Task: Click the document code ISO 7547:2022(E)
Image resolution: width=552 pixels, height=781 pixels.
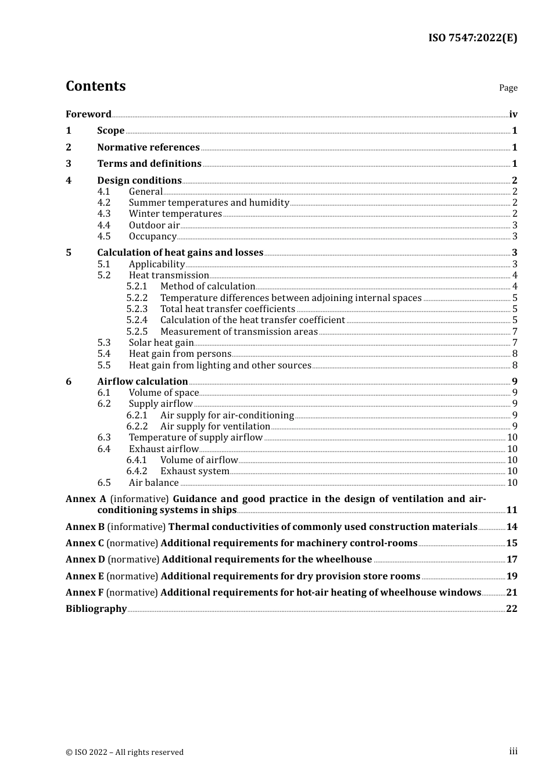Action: point(472,38)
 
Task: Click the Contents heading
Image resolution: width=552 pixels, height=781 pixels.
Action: point(95,86)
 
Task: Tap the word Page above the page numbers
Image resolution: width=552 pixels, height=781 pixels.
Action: point(508,88)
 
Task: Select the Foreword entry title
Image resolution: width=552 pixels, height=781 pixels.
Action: point(88,114)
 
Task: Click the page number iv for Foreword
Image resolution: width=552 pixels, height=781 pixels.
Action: point(513,114)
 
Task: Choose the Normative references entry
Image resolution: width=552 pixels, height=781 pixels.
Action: point(148,147)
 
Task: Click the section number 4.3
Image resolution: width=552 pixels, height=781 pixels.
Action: point(104,214)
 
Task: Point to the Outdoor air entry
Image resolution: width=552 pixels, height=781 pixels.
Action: point(154,225)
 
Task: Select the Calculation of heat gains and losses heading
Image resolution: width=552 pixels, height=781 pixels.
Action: point(180,252)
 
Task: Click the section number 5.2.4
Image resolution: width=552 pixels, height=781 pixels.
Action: point(137,320)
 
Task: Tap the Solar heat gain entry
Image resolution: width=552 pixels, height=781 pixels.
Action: point(161,343)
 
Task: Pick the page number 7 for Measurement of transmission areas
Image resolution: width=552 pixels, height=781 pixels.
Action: point(515,332)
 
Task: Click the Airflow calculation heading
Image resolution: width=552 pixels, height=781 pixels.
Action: point(142,381)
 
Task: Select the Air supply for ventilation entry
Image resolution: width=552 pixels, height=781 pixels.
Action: point(215,427)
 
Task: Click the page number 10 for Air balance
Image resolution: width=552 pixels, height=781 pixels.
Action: point(512,483)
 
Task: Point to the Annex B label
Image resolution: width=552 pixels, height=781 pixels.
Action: point(85,526)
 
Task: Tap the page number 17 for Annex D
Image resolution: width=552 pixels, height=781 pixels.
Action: point(512,559)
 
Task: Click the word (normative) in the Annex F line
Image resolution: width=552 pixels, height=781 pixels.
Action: point(132,592)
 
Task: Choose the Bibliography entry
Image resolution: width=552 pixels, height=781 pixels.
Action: point(96,608)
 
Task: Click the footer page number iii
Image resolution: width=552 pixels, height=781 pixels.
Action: point(513,751)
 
